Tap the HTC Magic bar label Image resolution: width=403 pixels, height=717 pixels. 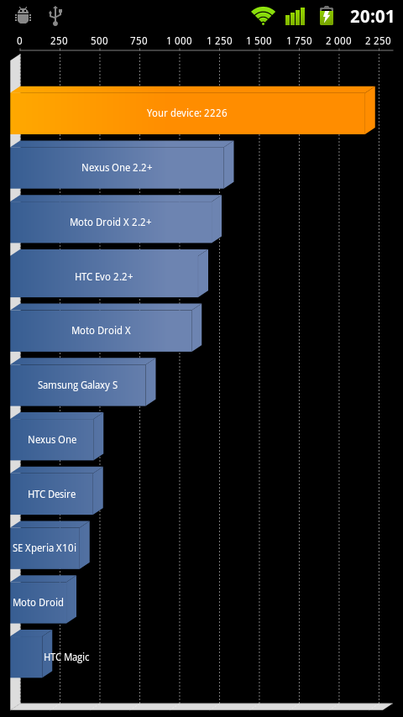[x=66, y=657]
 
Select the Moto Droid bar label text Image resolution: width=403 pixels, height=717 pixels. [x=38, y=602]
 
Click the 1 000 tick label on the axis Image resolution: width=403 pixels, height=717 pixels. [x=180, y=41]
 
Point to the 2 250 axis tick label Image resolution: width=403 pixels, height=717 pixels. [x=379, y=41]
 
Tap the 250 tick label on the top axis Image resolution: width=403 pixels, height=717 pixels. [x=59, y=41]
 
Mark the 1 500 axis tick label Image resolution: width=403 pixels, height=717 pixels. [x=259, y=41]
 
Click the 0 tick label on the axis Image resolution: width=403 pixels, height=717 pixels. [x=19, y=41]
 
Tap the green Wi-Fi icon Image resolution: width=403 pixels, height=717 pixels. [x=263, y=16]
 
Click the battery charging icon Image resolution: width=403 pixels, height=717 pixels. [x=326, y=16]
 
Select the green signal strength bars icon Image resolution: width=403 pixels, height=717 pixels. [x=295, y=17]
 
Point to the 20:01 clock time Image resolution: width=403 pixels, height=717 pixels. [x=372, y=17]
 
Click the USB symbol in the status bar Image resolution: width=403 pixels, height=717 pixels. [x=55, y=16]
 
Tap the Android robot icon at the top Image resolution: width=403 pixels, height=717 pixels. [x=23, y=16]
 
